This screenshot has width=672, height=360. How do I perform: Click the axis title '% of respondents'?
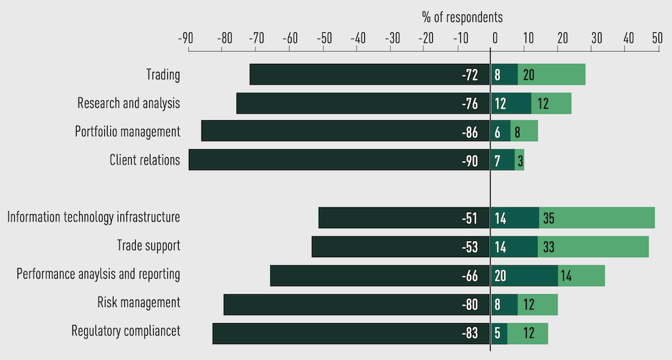pyautogui.click(x=462, y=17)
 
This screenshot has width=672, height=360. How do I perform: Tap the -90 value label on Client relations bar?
pyautogui.click(x=470, y=160)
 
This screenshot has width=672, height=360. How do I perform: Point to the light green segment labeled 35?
pyautogui.click(x=597, y=218)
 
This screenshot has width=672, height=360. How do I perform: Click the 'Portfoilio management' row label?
pyautogui.click(x=128, y=132)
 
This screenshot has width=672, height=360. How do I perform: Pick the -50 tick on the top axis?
pyautogui.click(x=324, y=38)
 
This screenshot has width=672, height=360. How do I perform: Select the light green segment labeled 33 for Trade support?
pyautogui.click(x=593, y=246)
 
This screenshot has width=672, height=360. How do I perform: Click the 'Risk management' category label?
pyautogui.click(x=138, y=303)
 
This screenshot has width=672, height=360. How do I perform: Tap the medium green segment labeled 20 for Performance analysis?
pyautogui.click(x=524, y=275)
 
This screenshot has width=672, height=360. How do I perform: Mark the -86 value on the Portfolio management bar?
pyautogui.click(x=470, y=132)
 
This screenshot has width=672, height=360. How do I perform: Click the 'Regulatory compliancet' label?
pyautogui.click(x=126, y=331)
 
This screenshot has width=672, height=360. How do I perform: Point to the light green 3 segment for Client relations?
pyautogui.click(x=520, y=160)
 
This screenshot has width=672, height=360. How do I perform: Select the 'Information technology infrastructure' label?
pyautogui.click(x=93, y=218)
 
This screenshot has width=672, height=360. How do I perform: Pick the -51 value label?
pyautogui.click(x=470, y=218)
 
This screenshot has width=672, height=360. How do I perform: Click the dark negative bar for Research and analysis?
pyautogui.click(x=363, y=103)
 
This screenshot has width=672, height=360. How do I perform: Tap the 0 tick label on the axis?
pyautogui.click(x=495, y=38)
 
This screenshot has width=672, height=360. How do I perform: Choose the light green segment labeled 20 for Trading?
pyautogui.click(x=552, y=75)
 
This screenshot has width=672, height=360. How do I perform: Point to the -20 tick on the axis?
pyautogui.click(x=425, y=38)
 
